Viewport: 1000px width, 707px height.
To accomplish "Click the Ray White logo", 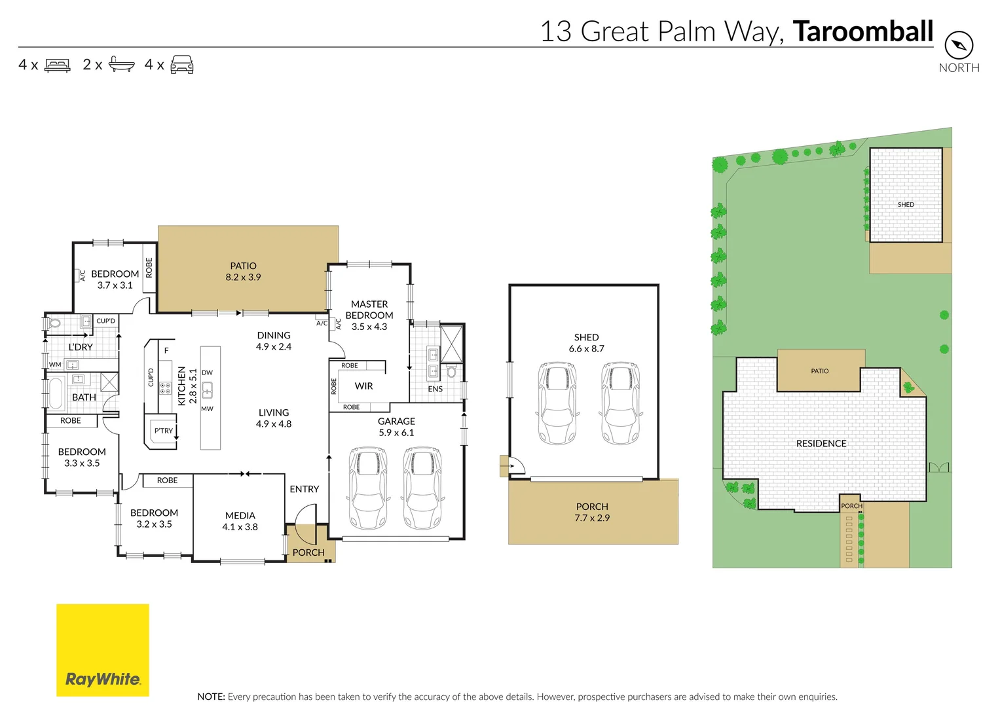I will point(103,649).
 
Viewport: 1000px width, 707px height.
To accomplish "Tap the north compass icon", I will point(959,45).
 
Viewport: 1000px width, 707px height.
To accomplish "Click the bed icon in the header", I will point(58,65).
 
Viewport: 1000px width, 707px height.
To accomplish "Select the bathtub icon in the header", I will point(121,64).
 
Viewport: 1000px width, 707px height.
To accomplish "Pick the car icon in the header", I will point(182,65).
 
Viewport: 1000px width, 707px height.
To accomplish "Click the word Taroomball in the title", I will point(862,31).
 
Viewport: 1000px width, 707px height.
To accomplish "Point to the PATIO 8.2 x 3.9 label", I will point(243,272).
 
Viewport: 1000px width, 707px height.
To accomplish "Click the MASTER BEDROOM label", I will point(369,310).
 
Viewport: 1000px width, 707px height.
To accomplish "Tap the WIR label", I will point(363,386).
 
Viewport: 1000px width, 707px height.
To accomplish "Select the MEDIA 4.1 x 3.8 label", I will point(240,521).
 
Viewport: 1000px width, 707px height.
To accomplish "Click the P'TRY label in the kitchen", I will point(163,431).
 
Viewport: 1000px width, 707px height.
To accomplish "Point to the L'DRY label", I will point(81,347).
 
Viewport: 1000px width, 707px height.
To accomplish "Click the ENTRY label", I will point(304,489).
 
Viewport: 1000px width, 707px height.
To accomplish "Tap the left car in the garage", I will point(369,488).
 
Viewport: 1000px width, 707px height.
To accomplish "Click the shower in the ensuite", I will point(451,344).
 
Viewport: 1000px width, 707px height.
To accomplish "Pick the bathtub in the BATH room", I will point(56,393).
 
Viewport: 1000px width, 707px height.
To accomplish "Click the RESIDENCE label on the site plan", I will point(821,444).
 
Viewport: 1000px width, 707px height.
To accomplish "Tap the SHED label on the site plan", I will point(906,205).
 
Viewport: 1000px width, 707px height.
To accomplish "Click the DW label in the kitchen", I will point(207,372).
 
